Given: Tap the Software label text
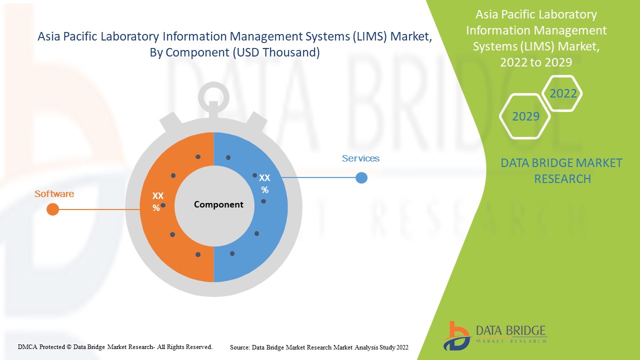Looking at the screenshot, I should [x=54, y=193].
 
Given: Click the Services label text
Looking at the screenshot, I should [x=360, y=158].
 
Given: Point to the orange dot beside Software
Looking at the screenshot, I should [x=52, y=209].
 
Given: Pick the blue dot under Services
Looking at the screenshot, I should [x=361, y=177].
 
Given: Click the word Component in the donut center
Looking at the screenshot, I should [x=218, y=204].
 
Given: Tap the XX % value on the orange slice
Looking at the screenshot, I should [x=157, y=201].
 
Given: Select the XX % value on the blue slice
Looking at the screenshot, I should [x=265, y=183].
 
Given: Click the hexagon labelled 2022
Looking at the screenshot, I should [x=563, y=93].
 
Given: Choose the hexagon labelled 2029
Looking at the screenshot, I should [x=525, y=116].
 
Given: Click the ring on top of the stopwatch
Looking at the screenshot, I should [x=213, y=95].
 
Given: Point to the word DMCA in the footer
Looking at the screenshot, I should [x=27, y=346].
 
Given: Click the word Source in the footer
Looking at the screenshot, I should [x=239, y=347].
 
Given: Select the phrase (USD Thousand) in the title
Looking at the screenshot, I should [x=276, y=52].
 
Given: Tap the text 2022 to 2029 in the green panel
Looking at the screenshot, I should [x=536, y=62].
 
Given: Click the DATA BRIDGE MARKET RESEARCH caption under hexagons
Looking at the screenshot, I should [x=561, y=170].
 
